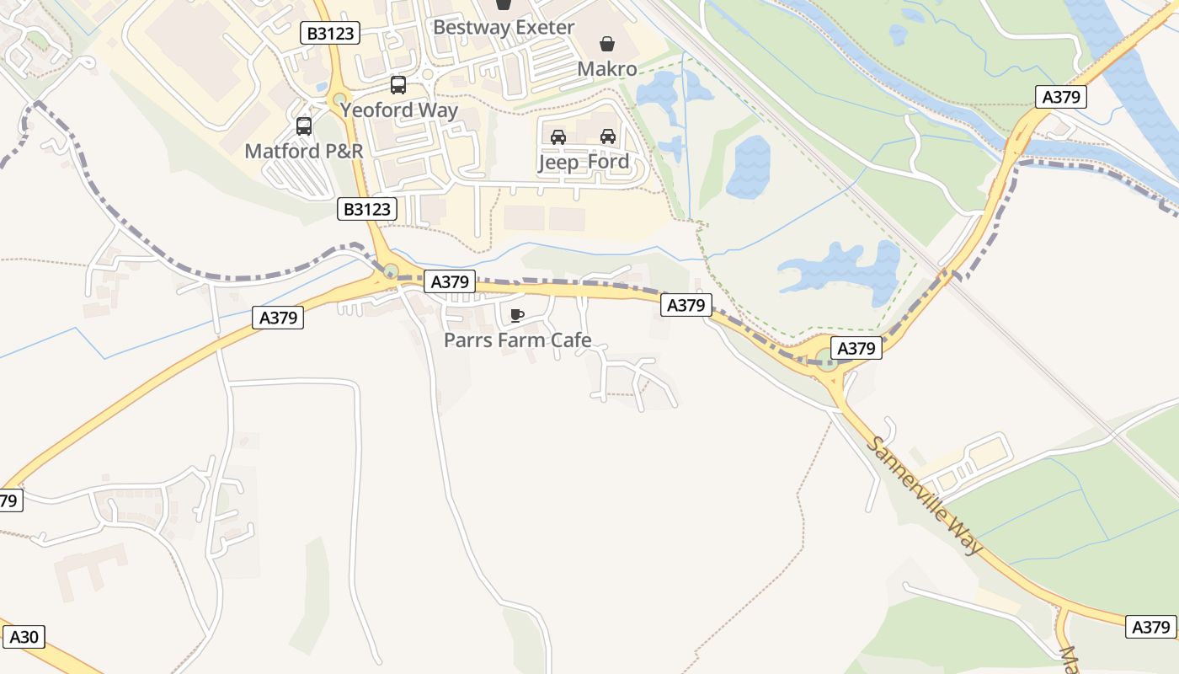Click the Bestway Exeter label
point(503,27)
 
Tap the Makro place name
point(606,68)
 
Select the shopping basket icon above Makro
point(606,44)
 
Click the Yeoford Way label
point(399,110)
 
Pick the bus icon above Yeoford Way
point(398,85)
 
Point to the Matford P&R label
point(304,152)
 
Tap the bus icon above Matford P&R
point(304,126)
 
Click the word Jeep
point(557,162)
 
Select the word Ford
point(608,162)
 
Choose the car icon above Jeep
point(557,136)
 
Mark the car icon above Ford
point(608,136)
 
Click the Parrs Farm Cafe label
point(517,340)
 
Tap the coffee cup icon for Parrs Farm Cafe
point(517,316)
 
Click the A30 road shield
point(24,637)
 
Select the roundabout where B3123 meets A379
point(391,271)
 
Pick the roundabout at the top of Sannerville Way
point(828,364)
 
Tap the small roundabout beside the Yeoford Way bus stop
point(339,100)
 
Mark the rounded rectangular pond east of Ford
point(748,167)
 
